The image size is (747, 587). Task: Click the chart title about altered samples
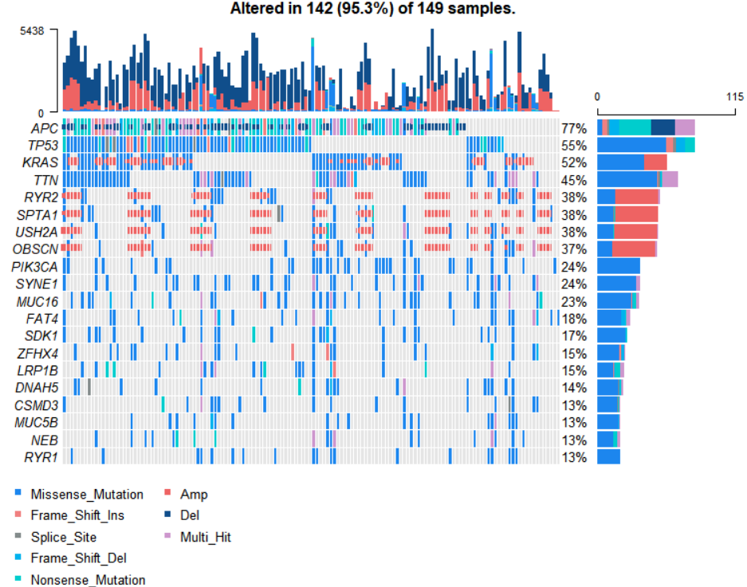click(373, 10)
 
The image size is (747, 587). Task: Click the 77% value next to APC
click(574, 128)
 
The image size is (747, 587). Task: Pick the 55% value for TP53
click(574, 146)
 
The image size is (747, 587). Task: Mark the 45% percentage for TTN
click(574, 180)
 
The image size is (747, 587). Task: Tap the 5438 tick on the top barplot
click(41, 30)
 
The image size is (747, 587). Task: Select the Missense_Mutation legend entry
click(87, 495)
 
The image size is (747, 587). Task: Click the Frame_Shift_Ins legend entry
click(77, 515)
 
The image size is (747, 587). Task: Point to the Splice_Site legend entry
click(64, 537)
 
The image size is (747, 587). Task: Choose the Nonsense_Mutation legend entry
click(88, 580)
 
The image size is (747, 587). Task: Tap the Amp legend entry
click(194, 495)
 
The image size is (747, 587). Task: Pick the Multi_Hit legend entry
click(205, 537)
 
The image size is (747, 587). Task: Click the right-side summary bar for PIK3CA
click(619, 266)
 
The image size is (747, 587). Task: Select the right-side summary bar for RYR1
click(608, 457)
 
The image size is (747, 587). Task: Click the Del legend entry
click(191, 515)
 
